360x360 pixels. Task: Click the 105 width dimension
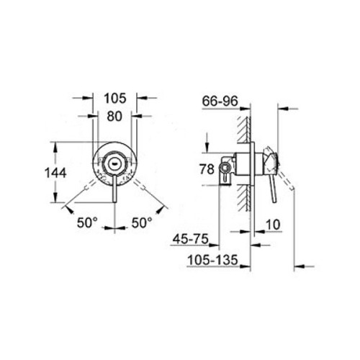tap(115, 97)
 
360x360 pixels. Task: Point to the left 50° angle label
tap(87, 224)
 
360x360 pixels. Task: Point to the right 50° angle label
tap(143, 224)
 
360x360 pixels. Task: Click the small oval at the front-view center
tap(114, 163)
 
